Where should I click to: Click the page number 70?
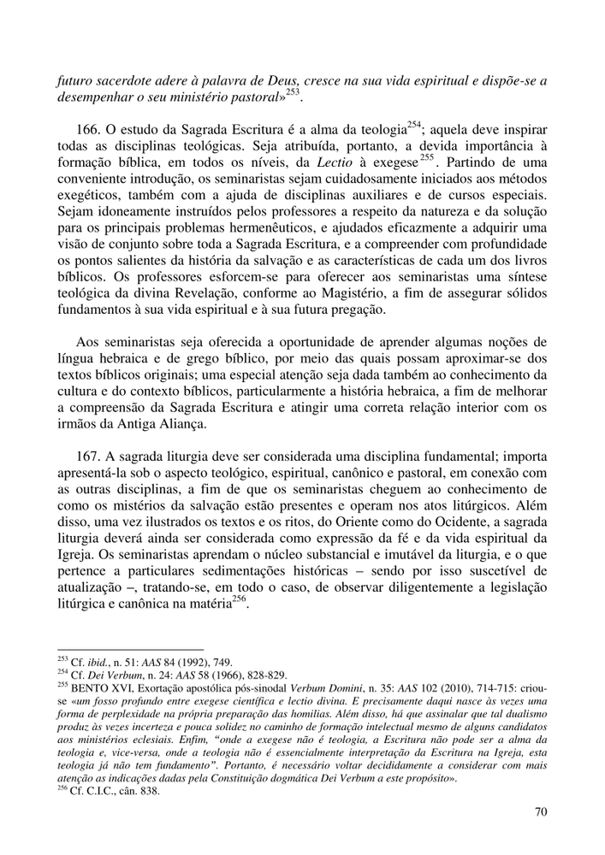click(x=540, y=812)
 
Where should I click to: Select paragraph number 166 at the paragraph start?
click(x=89, y=130)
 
